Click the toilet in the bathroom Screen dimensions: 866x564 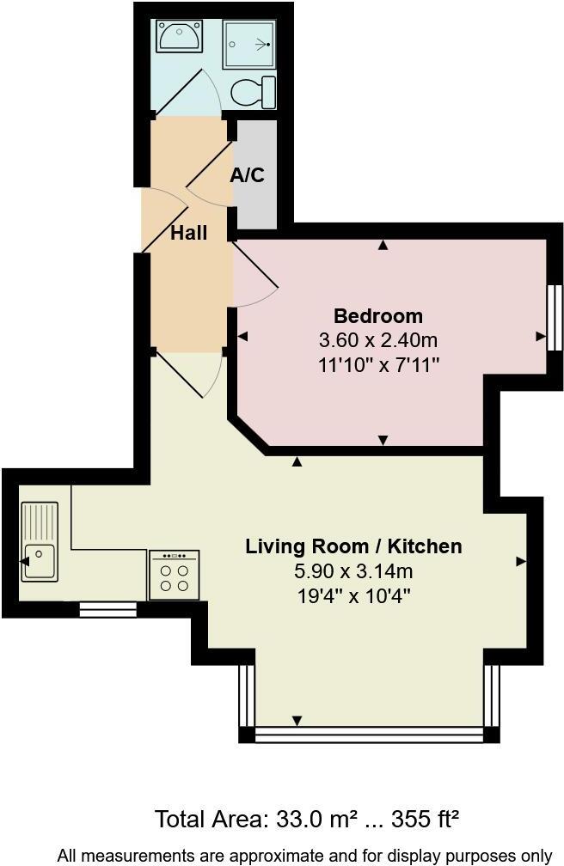[x=255, y=91]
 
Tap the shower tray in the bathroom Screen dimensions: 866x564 [x=248, y=43]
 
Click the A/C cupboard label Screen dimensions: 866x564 [x=248, y=175]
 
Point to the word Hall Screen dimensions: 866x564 [x=188, y=232]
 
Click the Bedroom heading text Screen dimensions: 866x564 [x=377, y=315]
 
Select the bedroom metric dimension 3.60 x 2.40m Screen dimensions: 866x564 [x=377, y=339]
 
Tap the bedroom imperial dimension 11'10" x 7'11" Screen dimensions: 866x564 [x=377, y=364]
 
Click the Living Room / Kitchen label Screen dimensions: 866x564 [x=353, y=546]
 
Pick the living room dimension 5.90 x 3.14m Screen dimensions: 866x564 [x=353, y=570]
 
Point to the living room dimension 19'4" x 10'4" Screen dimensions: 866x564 [x=353, y=595]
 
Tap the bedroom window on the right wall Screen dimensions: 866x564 [x=555, y=317]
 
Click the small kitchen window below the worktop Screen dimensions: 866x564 [x=107, y=609]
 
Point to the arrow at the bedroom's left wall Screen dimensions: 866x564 [x=243, y=337]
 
